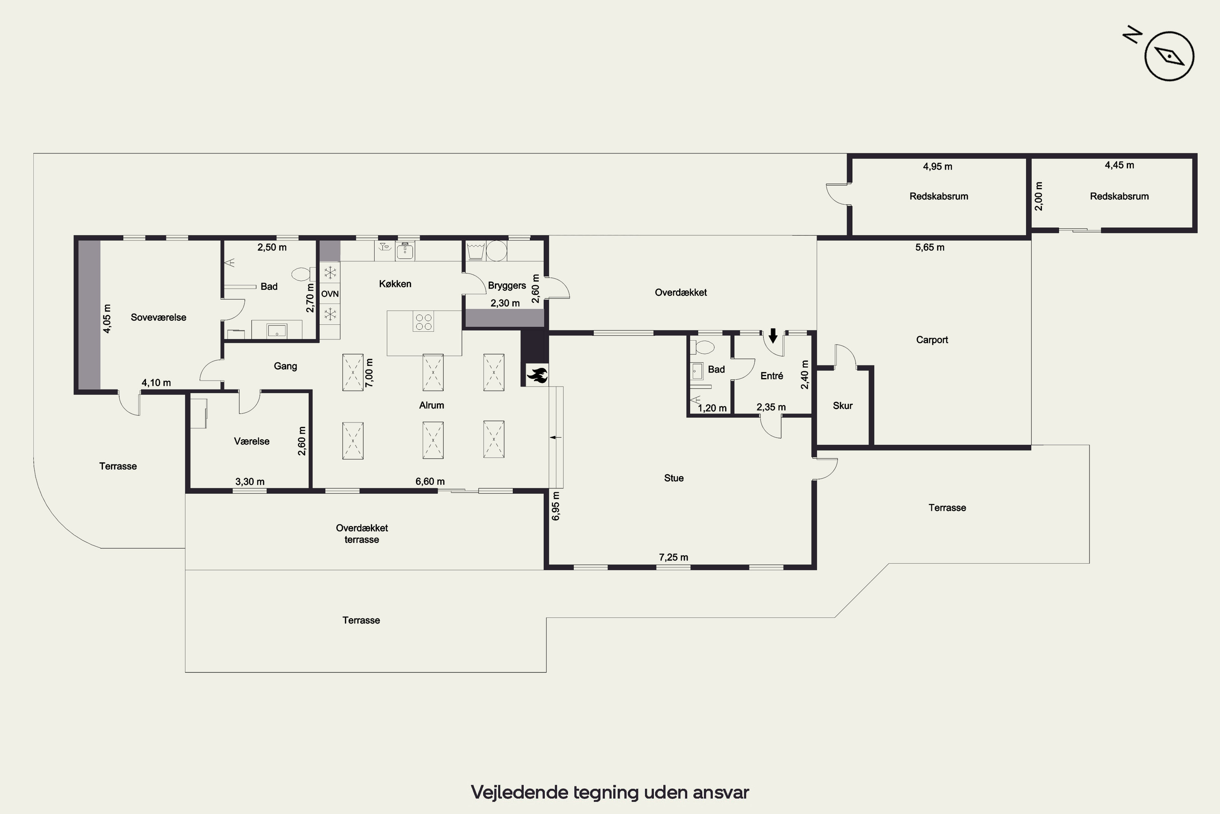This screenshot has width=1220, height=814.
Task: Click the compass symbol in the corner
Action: pos(1169,56)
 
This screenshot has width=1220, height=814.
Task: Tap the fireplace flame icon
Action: pos(537,374)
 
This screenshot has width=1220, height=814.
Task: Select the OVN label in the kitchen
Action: pos(330,294)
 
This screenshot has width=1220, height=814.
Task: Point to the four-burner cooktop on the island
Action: pos(424,322)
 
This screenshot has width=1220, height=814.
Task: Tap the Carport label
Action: pos(932,340)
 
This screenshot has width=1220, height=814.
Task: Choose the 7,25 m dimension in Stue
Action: pos(673,557)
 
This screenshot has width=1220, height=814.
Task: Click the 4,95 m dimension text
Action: pos(937,166)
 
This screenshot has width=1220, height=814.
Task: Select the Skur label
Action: pos(842,405)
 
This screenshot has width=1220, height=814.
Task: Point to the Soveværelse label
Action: pos(158,317)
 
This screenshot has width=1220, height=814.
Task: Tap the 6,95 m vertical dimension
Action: pos(556,505)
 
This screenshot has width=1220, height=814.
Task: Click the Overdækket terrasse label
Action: pos(362,534)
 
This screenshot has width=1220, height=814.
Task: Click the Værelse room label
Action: pos(252,441)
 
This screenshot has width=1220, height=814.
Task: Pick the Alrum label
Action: pos(431,405)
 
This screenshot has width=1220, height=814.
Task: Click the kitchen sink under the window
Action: pos(405,251)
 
